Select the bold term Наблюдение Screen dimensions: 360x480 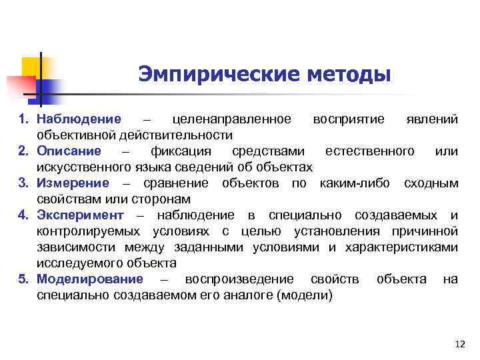pos(79,119)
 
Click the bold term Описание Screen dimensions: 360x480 pos(69,151)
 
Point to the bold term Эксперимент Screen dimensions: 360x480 pos(80,215)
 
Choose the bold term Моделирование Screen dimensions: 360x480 pos(90,279)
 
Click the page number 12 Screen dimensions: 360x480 pos(458,344)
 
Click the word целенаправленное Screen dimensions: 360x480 pos(231,119)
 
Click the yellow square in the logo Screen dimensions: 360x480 pos(30,67)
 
